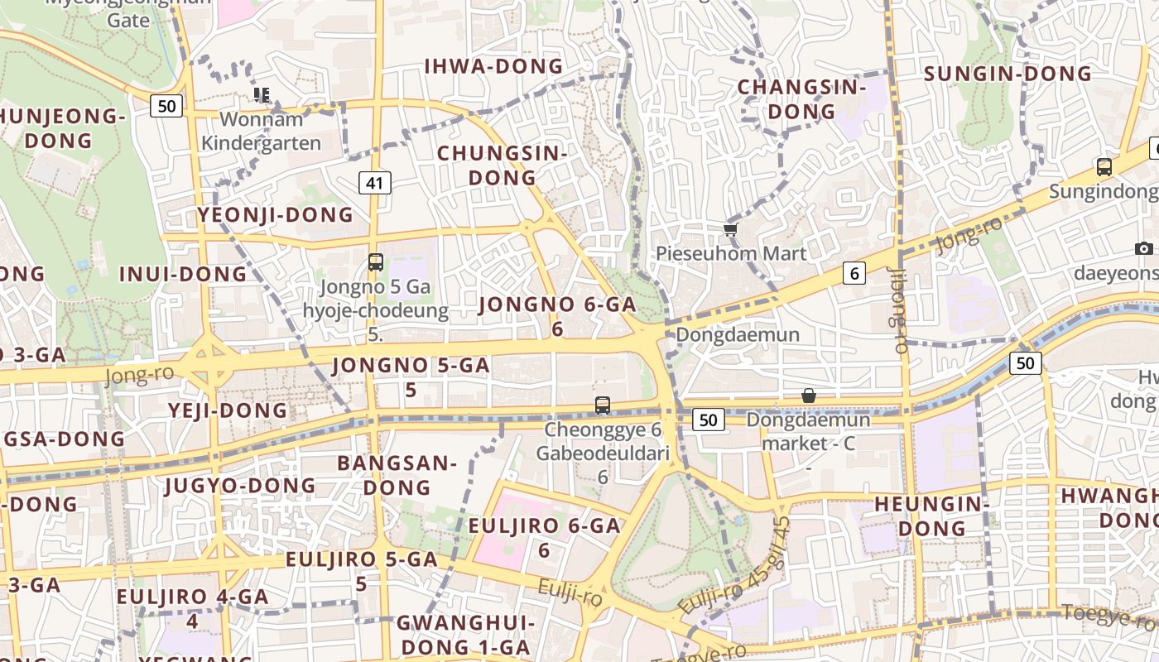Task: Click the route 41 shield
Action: point(374,183)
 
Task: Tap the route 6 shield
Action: point(854,273)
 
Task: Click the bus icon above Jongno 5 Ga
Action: point(375,262)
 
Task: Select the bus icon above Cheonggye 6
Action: point(603,405)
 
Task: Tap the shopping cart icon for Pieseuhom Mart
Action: point(730,229)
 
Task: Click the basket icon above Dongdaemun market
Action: point(809,396)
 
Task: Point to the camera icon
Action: point(1143,248)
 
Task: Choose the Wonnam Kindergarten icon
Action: point(262,94)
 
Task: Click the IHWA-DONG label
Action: point(493,67)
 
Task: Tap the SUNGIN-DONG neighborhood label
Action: point(1008,74)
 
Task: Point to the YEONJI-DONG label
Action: point(275,215)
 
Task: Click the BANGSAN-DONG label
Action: point(397,475)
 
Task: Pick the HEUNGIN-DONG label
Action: point(932,515)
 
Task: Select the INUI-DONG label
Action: point(183,274)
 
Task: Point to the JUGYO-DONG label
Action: point(240,485)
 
